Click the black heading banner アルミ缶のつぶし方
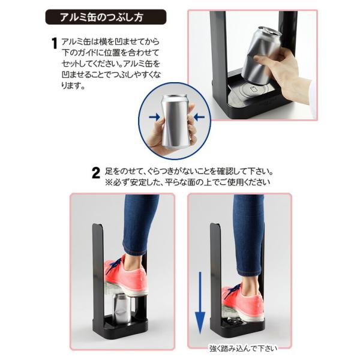click(x=106, y=17)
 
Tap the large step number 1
click(x=54, y=43)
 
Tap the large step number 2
click(x=96, y=173)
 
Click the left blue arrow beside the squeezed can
click(x=154, y=117)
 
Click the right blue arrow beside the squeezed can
click(x=199, y=117)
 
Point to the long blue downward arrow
click(x=200, y=303)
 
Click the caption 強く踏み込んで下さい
click(x=244, y=349)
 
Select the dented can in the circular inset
click(x=175, y=121)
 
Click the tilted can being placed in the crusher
click(x=260, y=55)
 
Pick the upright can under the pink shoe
click(x=122, y=308)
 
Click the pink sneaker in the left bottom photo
click(x=126, y=277)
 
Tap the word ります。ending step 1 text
click(x=73, y=86)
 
